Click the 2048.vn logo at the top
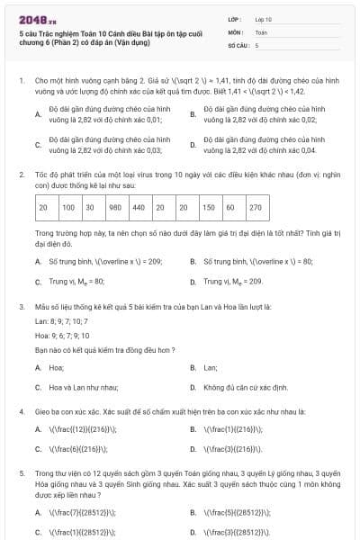[x=32, y=17]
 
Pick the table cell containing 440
[x=138, y=207]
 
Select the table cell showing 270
[x=255, y=207]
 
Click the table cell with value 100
[x=67, y=207]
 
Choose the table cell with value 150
[x=208, y=207]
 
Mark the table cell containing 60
[x=231, y=207]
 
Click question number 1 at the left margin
[x=21, y=80]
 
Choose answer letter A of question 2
[x=38, y=261]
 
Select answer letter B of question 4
[x=193, y=428]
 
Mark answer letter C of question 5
[x=38, y=531]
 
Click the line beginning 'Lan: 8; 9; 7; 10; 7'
[x=61, y=320]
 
